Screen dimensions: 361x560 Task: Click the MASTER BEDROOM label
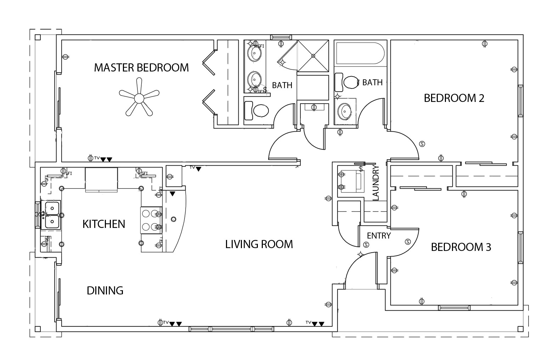pos(141,67)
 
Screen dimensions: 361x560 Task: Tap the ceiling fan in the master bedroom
pos(139,97)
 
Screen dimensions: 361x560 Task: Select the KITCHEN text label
pos(104,224)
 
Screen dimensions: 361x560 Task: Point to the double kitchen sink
pos(51,214)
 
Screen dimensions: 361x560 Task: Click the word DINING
pos(105,291)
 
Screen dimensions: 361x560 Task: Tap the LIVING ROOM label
pos(259,244)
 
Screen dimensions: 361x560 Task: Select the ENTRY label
pos(379,236)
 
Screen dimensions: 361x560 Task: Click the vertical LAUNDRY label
pos(376,183)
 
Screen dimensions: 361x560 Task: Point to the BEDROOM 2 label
pos(454,98)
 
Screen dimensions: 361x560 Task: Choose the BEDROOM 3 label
pos(461,247)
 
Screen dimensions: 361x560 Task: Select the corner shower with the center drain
pos(313,56)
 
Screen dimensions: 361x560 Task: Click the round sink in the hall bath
pos(344,111)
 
